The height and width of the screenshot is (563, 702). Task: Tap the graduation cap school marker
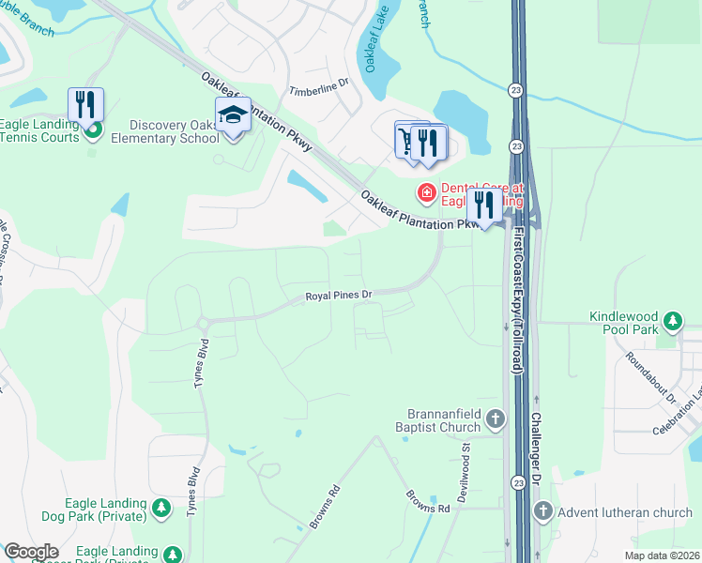[233, 116]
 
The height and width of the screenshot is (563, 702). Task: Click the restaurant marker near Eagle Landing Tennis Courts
[85, 104]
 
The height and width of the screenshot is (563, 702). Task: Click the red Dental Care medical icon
[426, 193]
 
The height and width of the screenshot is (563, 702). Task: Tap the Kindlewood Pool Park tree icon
[672, 323]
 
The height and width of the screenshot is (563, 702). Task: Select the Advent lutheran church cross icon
[542, 511]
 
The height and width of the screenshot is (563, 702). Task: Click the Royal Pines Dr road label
[339, 296]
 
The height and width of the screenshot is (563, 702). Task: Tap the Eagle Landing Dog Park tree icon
[161, 509]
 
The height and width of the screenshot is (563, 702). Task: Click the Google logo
[32, 552]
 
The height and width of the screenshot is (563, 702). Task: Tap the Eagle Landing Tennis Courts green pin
[92, 129]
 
